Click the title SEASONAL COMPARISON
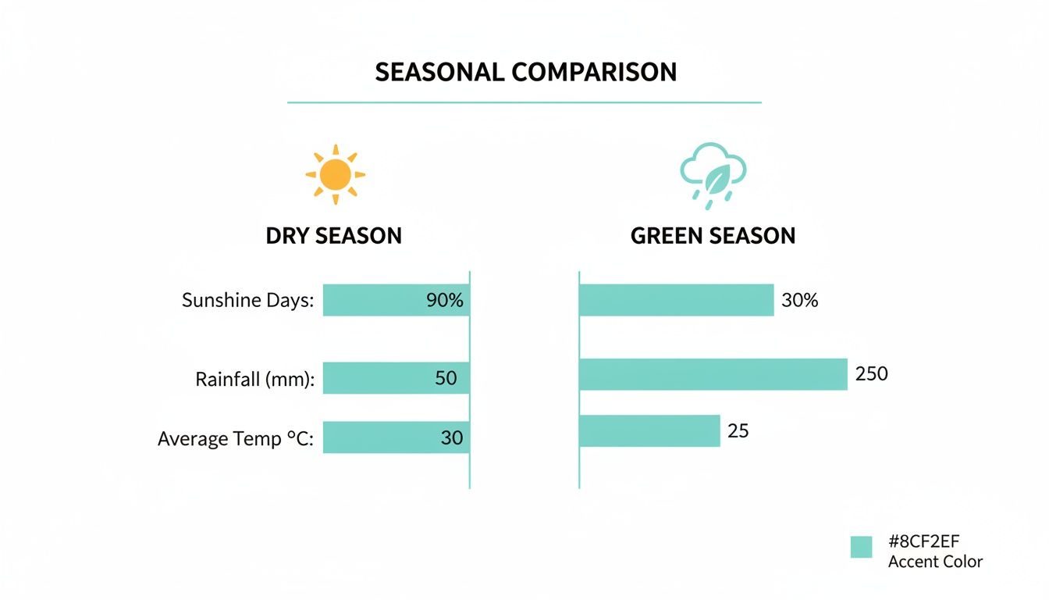point(525,72)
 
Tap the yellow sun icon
point(336,174)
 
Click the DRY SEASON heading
point(334,236)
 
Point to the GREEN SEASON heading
point(713,236)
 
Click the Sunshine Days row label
point(247,300)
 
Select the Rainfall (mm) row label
point(254,380)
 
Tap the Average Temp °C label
point(236,439)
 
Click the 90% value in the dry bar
point(445,300)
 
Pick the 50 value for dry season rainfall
point(446,378)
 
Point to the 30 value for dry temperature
point(452,438)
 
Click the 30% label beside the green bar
point(799,300)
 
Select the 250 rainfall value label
point(872,374)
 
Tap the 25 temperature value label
point(738,430)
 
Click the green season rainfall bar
point(713,374)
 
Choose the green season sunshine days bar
point(676,300)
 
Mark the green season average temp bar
point(649,430)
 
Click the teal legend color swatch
point(861,547)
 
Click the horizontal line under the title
point(524,102)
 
